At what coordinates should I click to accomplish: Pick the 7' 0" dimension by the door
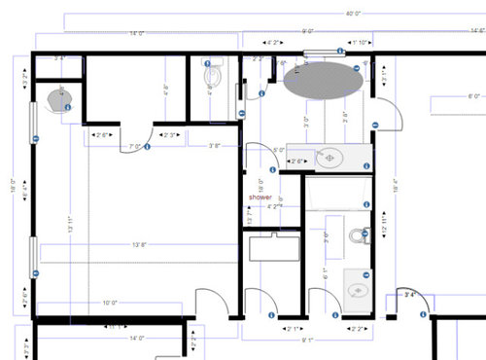tap(136, 147)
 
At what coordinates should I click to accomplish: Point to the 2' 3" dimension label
tap(172, 134)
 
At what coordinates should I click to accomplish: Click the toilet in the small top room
tap(213, 75)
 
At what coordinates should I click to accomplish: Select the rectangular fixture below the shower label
tap(272, 247)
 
